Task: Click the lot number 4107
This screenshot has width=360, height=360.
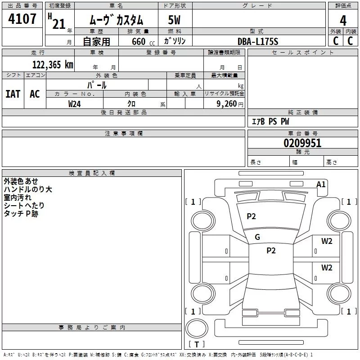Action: click(x=22, y=19)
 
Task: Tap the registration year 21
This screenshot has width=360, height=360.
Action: click(x=59, y=24)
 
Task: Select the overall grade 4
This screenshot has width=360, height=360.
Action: click(x=343, y=20)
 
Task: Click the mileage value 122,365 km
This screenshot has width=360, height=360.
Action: click(x=53, y=65)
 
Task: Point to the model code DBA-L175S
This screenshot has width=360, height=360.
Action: click(x=258, y=41)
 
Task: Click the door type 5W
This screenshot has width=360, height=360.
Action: click(x=174, y=20)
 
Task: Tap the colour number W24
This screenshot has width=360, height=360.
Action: click(x=74, y=104)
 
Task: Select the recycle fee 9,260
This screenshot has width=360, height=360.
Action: click(x=227, y=104)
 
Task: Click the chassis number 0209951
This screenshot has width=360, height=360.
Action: click(x=302, y=143)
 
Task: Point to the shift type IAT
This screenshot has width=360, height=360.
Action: click(x=13, y=94)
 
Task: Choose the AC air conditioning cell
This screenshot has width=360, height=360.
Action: click(x=35, y=94)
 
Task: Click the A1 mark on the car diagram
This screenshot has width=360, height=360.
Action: click(x=321, y=184)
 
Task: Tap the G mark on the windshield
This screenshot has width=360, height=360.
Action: click(x=257, y=237)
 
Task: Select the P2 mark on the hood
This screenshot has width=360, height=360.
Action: click(x=251, y=216)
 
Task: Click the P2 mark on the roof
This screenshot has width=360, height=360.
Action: click(x=271, y=251)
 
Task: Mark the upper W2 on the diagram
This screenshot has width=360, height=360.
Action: click(x=327, y=241)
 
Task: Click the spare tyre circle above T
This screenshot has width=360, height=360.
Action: click(x=197, y=328)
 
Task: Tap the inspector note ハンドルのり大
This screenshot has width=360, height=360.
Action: click(x=28, y=189)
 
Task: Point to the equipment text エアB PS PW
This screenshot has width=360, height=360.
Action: click(x=270, y=121)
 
